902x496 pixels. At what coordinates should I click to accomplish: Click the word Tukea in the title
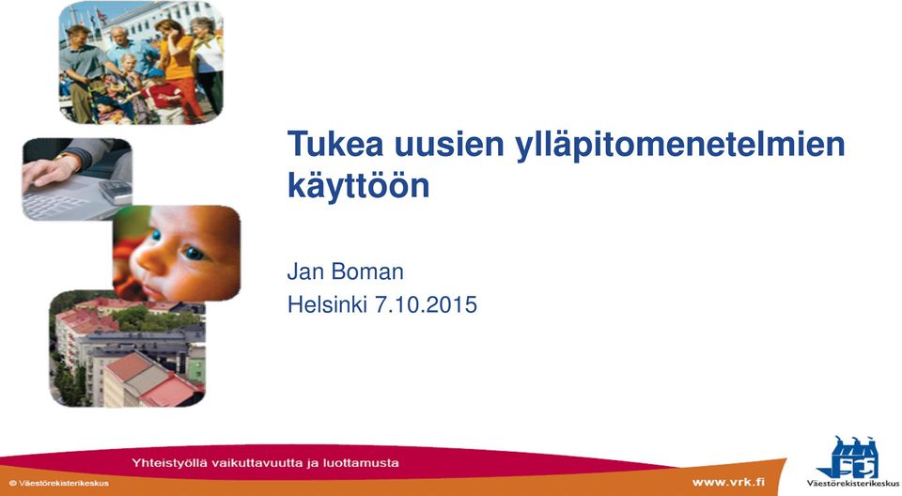tap(335, 144)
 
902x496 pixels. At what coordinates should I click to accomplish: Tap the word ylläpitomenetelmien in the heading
tap(680, 147)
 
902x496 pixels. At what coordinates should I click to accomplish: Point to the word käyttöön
tap(358, 185)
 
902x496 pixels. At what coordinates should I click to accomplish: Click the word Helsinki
tap(327, 304)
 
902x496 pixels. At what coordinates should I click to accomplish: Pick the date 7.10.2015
tap(426, 304)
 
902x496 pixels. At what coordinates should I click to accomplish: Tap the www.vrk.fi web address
tap(728, 482)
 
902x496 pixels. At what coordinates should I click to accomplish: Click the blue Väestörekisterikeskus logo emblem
tap(850, 458)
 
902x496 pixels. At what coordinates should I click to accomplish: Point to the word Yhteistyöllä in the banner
tap(170, 463)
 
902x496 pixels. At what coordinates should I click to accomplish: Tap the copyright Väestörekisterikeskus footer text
tap(58, 484)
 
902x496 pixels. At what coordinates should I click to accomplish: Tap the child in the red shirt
tap(163, 97)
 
